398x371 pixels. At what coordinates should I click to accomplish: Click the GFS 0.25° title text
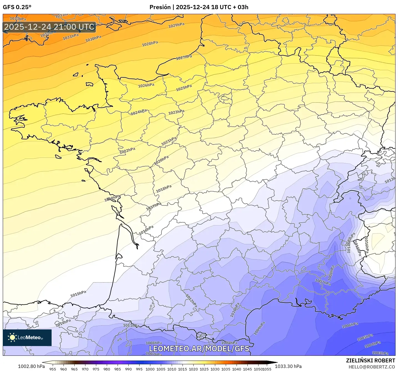point(17,7)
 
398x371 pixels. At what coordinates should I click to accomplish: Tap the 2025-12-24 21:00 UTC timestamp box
point(49,27)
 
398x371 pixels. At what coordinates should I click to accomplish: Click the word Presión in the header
point(160,7)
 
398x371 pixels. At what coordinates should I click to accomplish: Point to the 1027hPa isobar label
point(184,57)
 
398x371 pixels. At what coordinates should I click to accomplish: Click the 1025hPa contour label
point(184,88)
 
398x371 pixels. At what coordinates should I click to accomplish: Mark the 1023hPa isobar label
point(176,112)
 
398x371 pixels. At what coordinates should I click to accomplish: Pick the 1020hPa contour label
point(161,160)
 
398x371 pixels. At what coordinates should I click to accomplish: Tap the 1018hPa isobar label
point(164,189)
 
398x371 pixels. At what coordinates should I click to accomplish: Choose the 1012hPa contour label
point(191,301)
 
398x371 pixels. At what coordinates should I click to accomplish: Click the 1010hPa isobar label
point(235,310)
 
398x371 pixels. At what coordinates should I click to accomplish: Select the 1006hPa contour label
point(350,325)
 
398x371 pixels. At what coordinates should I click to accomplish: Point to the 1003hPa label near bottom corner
point(380,353)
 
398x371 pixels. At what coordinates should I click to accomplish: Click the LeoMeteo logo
point(27,337)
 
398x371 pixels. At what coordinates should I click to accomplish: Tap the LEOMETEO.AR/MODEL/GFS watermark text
point(199,349)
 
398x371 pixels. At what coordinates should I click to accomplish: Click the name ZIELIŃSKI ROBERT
point(371,360)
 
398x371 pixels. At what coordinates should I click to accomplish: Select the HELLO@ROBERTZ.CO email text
point(372,367)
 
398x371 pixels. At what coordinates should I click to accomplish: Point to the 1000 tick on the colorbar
point(150,369)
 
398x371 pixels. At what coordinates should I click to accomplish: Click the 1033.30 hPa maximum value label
point(288,366)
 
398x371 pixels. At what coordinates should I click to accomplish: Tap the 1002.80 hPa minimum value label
point(31,366)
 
